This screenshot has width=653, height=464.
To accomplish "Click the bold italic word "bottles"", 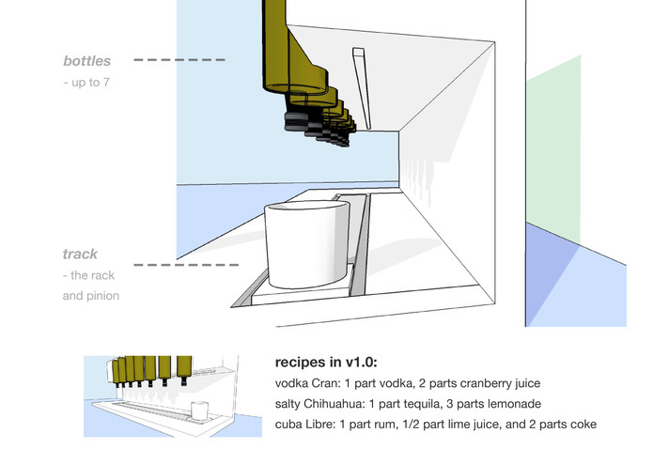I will pyautogui.click(x=86, y=62).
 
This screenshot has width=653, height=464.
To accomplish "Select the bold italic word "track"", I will pyautogui.click(x=80, y=255).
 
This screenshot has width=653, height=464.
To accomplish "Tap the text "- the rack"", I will pyautogui.click(x=92, y=275).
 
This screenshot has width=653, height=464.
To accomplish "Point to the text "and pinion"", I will pyautogui.click(x=91, y=295).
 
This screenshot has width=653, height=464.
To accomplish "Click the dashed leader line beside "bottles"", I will pyautogui.click(x=179, y=60).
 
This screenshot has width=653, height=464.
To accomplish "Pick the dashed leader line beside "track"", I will pyautogui.click(x=179, y=265).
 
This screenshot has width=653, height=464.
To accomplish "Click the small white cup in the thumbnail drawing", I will pyautogui.click(x=199, y=410).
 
